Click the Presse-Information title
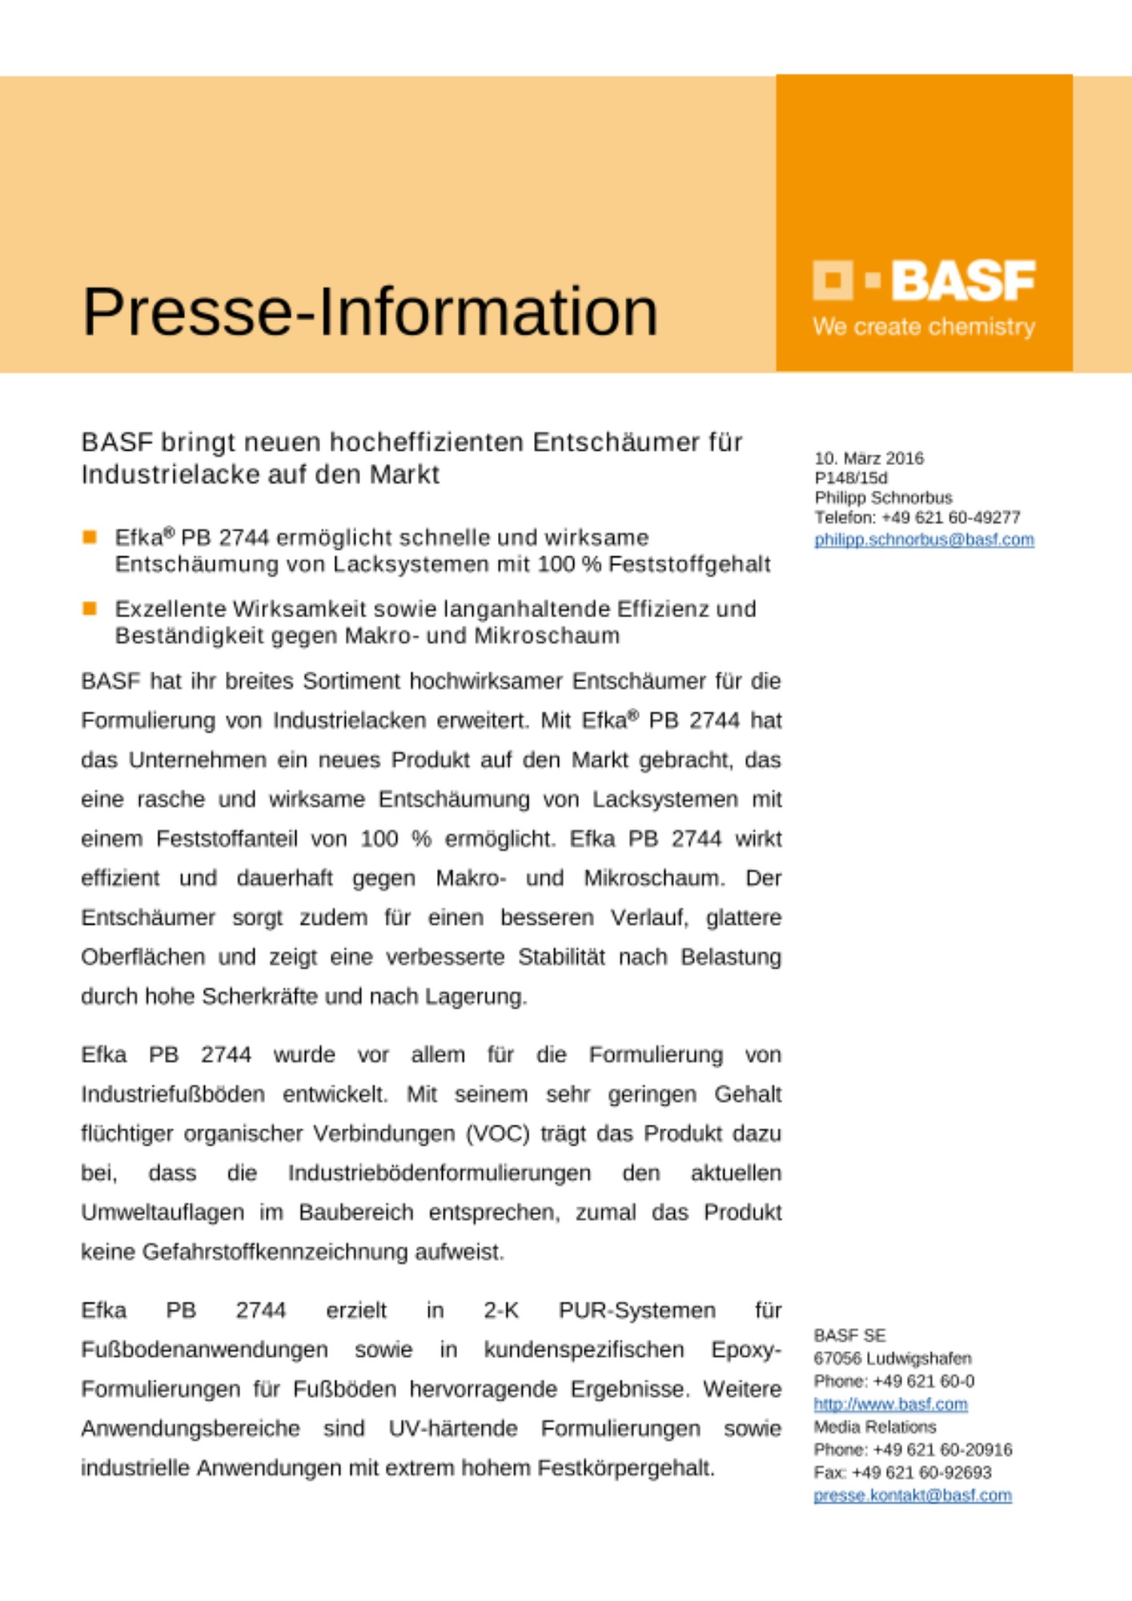tap(370, 311)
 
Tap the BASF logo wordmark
tap(963, 281)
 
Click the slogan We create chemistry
tap(924, 327)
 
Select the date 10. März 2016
tap(869, 458)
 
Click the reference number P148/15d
tap(850, 478)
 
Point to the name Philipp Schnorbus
tap(883, 497)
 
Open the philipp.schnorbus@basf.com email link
tap(924, 540)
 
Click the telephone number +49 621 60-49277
tap(950, 517)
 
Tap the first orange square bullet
tap(90, 536)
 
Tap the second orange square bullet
tap(90, 608)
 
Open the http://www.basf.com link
tap(890, 1404)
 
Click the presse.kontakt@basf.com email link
tap(913, 1495)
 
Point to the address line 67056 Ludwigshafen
tap(892, 1358)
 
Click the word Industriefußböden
tap(173, 1094)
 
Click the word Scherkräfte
tap(257, 997)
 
